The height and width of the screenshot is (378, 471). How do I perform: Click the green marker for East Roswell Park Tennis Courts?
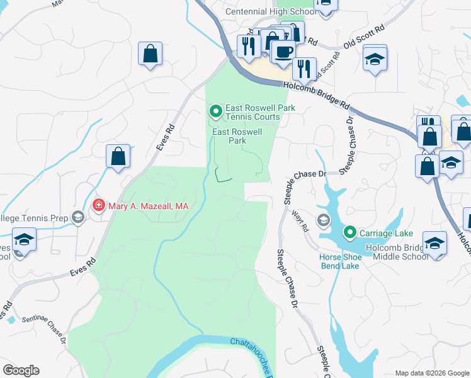216,112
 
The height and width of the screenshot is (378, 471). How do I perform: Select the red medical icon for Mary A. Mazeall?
98,205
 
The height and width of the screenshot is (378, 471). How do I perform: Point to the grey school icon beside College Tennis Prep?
78,218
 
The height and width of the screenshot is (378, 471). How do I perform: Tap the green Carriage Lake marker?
349,233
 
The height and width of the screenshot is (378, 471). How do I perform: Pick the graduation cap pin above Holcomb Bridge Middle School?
434,243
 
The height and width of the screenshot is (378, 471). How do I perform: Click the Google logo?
20,370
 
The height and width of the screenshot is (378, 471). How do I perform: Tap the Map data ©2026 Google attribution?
432,373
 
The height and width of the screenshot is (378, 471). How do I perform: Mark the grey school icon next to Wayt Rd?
323,220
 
